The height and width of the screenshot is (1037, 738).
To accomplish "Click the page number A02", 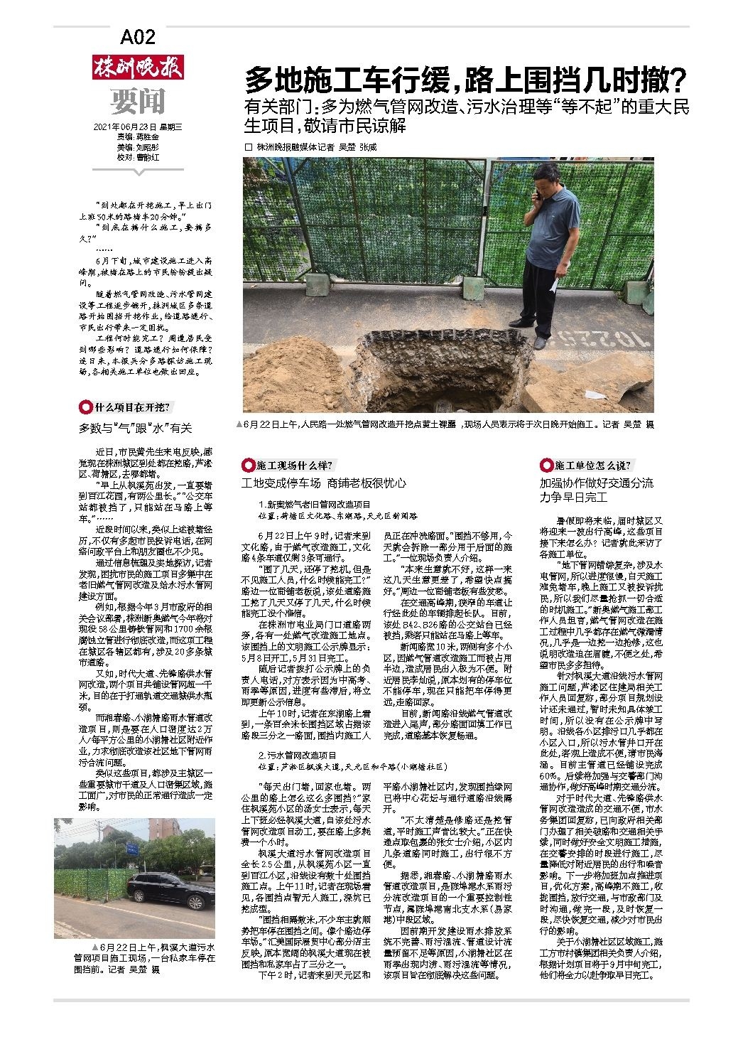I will coord(138,36).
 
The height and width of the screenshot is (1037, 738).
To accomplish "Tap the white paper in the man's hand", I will coord(554,282).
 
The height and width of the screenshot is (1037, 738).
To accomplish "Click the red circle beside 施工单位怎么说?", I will coord(546,466).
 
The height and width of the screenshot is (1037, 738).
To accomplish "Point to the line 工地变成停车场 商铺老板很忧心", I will coord(324,483).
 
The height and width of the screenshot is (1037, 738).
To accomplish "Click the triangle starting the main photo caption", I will coord(239,424).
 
